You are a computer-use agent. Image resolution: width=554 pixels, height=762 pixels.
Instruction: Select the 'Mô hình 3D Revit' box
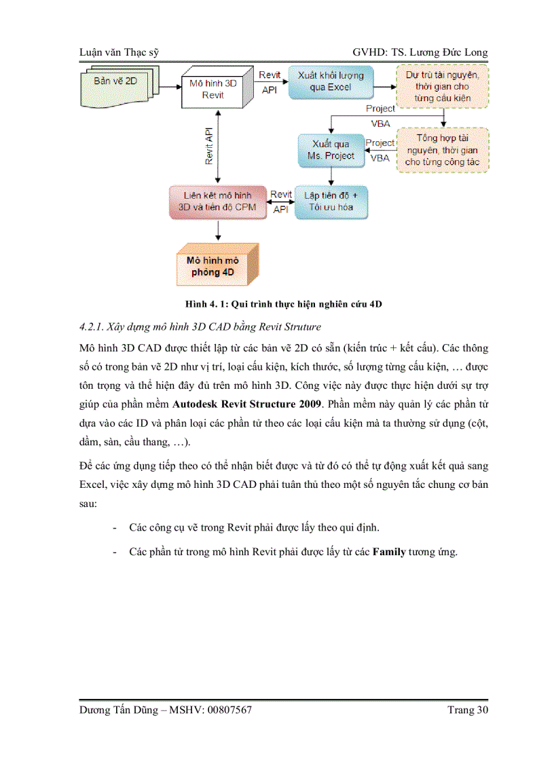pyautogui.click(x=213, y=89)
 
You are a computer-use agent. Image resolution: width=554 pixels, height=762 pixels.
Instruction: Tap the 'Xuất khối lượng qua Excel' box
pyautogui.click(x=331, y=81)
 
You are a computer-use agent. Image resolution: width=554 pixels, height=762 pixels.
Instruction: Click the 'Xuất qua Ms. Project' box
pyautogui.click(x=331, y=150)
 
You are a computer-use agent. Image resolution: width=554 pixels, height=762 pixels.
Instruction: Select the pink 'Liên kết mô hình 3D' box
pyautogui.click(x=217, y=201)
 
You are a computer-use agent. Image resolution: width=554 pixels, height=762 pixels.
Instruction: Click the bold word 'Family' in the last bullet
pyautogui.click(x=389, y=552)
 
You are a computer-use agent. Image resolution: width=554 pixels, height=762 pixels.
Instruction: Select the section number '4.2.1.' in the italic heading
pyautogui.click(x=93, y=327)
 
